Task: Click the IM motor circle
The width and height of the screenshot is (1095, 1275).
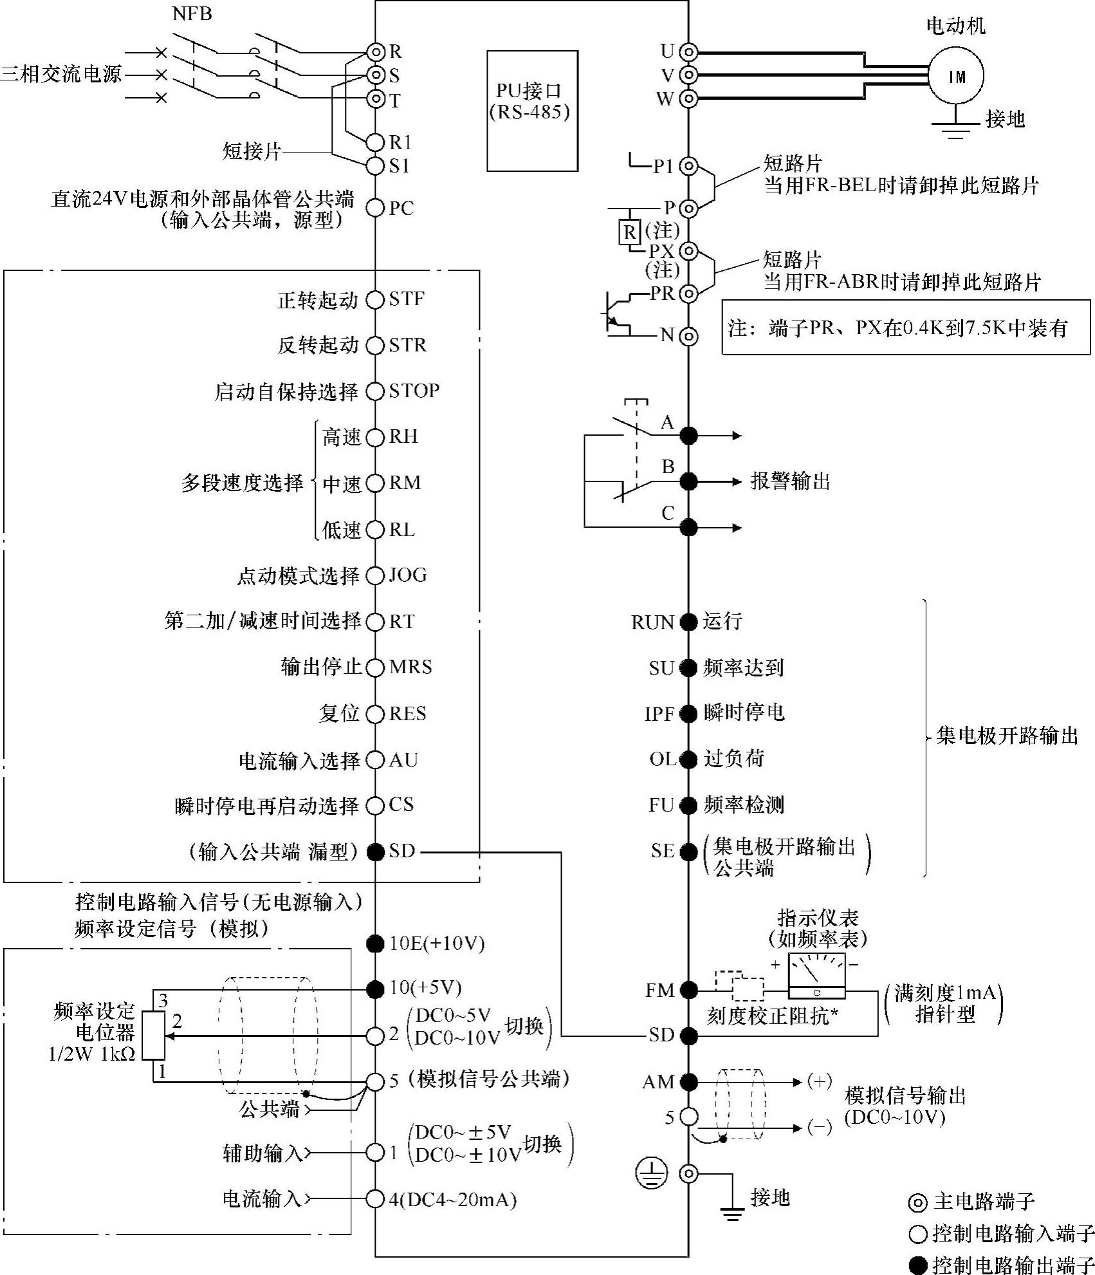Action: (x=957, y=76)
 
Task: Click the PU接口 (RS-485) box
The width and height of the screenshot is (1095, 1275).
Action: (x=532, y=111)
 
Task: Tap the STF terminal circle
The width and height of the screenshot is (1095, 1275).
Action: (x=374, y=300)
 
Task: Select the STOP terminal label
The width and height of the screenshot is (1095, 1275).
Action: (x=414, y=391)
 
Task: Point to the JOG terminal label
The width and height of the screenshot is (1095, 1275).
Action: (x=407, y=575)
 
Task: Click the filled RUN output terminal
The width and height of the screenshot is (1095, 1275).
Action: (x=688, y=622)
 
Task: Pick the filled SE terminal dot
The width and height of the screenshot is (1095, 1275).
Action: (x=688, y=852)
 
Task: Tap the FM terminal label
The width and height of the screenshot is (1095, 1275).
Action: (x=659, y=990)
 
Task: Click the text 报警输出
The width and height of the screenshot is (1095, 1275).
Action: (x=790, y=481)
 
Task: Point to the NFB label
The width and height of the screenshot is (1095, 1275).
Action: (x=192, y=14)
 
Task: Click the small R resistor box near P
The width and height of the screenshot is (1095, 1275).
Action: (x=629, y=231)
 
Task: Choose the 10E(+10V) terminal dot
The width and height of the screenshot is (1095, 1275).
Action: (x=374, y=944)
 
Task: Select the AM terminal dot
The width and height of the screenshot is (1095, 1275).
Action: (x=688, y=1082)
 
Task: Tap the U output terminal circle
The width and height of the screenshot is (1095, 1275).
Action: (x=688, y=51)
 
